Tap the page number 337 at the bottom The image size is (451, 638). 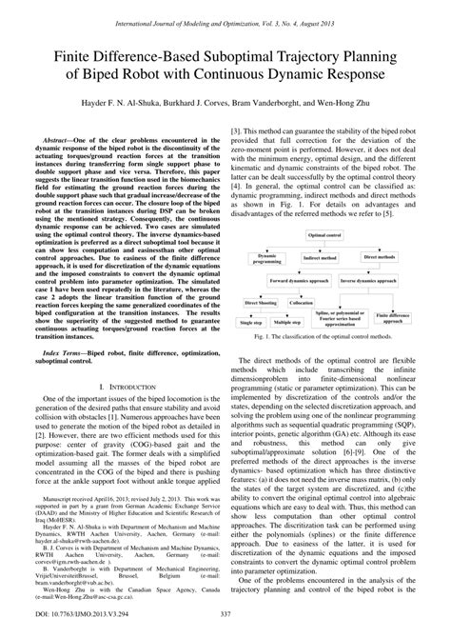225,626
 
